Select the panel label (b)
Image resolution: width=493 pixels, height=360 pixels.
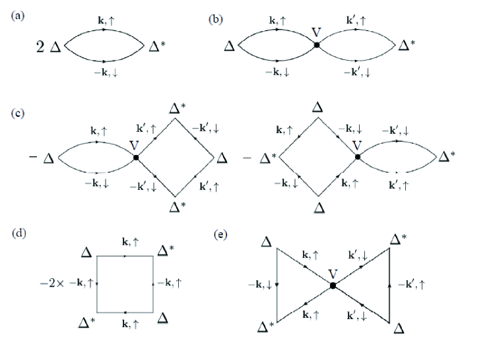(216, 18)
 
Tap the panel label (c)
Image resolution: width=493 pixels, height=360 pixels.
(18, 113)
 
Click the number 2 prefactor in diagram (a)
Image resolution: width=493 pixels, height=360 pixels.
(41, 47)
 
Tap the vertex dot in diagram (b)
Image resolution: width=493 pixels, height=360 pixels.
(317, 45)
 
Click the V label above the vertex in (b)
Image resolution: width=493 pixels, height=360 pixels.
(317, 31)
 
